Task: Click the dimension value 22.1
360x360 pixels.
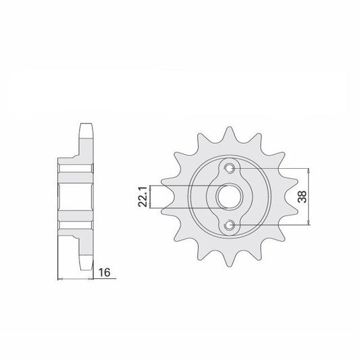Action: coord(143,197)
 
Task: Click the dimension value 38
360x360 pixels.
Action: coord(302,197)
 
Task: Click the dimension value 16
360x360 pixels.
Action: coord(105,272)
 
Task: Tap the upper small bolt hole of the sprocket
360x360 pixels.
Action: coord(230,168)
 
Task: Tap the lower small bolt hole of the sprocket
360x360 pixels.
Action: coord(230,225)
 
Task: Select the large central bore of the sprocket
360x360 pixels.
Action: coord(230,197)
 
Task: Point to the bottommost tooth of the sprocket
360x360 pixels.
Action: coord(229,260)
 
